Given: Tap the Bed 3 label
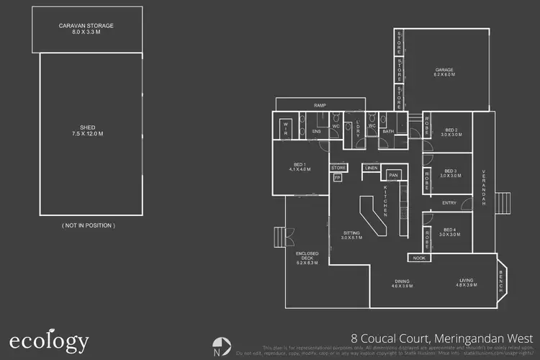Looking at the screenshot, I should (x=450, y=173).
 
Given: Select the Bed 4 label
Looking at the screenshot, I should (x=449, y=232).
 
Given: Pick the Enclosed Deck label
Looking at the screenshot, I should (x=307, y=258).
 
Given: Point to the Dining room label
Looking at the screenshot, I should (x=402, y=284).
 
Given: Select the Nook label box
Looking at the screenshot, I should (x=419, y=258).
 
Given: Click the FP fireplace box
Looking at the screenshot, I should (x=337, y=178).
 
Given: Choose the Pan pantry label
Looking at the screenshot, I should (x=393, y=175).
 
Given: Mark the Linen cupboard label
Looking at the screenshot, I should (x=371, y=168).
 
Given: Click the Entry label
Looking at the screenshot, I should (x=449, y=203).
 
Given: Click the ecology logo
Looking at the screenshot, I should (x=49, y=341).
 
